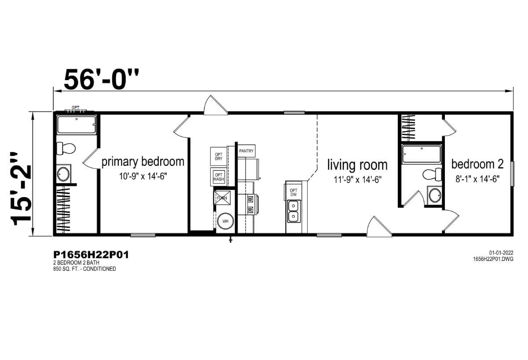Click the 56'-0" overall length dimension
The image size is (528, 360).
click(101, 80)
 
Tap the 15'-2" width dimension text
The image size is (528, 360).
click(21, 188)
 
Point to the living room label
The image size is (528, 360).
click(357, 165)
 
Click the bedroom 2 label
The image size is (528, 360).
click(477, 164)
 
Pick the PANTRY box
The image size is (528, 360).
click(246, 151)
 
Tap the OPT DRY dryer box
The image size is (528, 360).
click(219, 157)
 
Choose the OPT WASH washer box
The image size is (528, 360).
click(219, 177)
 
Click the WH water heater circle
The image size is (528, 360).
click(225, 221)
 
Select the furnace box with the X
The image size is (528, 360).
click(222, 198)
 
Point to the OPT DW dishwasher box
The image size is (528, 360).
click(293, 192)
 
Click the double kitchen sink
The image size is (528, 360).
click(294, 211)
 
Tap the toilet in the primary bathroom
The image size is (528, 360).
click(66, 148)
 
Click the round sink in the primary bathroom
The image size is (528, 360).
click(63, 174)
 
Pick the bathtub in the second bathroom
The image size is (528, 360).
click(422, 154)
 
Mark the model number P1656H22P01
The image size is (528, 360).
click(91, 255)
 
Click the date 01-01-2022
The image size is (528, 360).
click(501, 253)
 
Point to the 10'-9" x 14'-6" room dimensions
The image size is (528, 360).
click(143, 176)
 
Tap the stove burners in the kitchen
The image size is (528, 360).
click(250, 204)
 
